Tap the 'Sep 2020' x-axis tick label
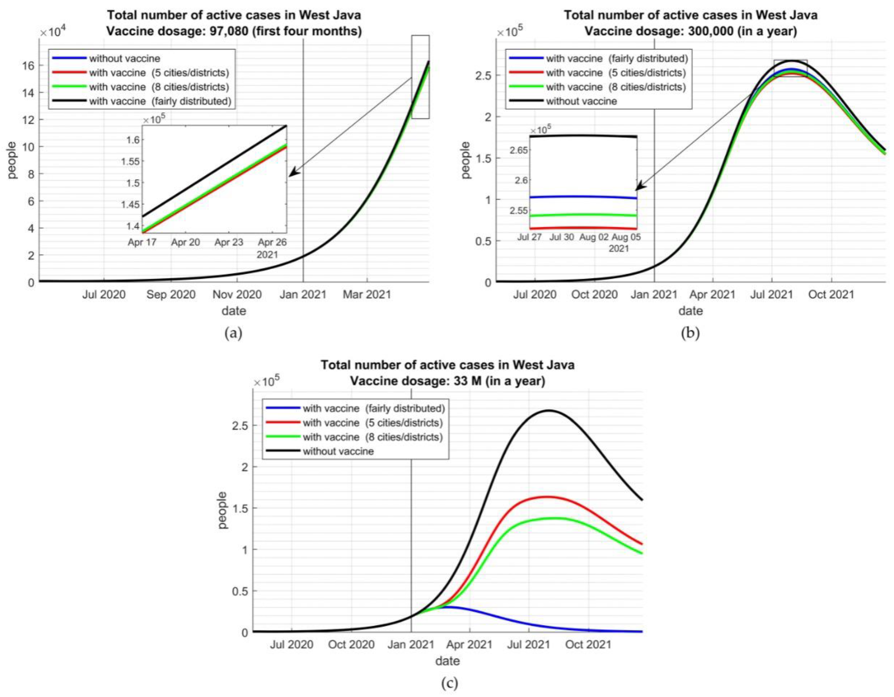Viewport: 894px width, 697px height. pos(171,294)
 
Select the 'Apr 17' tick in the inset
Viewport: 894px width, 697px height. pos(142,242)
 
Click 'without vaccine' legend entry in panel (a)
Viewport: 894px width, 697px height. pos(125,59)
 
